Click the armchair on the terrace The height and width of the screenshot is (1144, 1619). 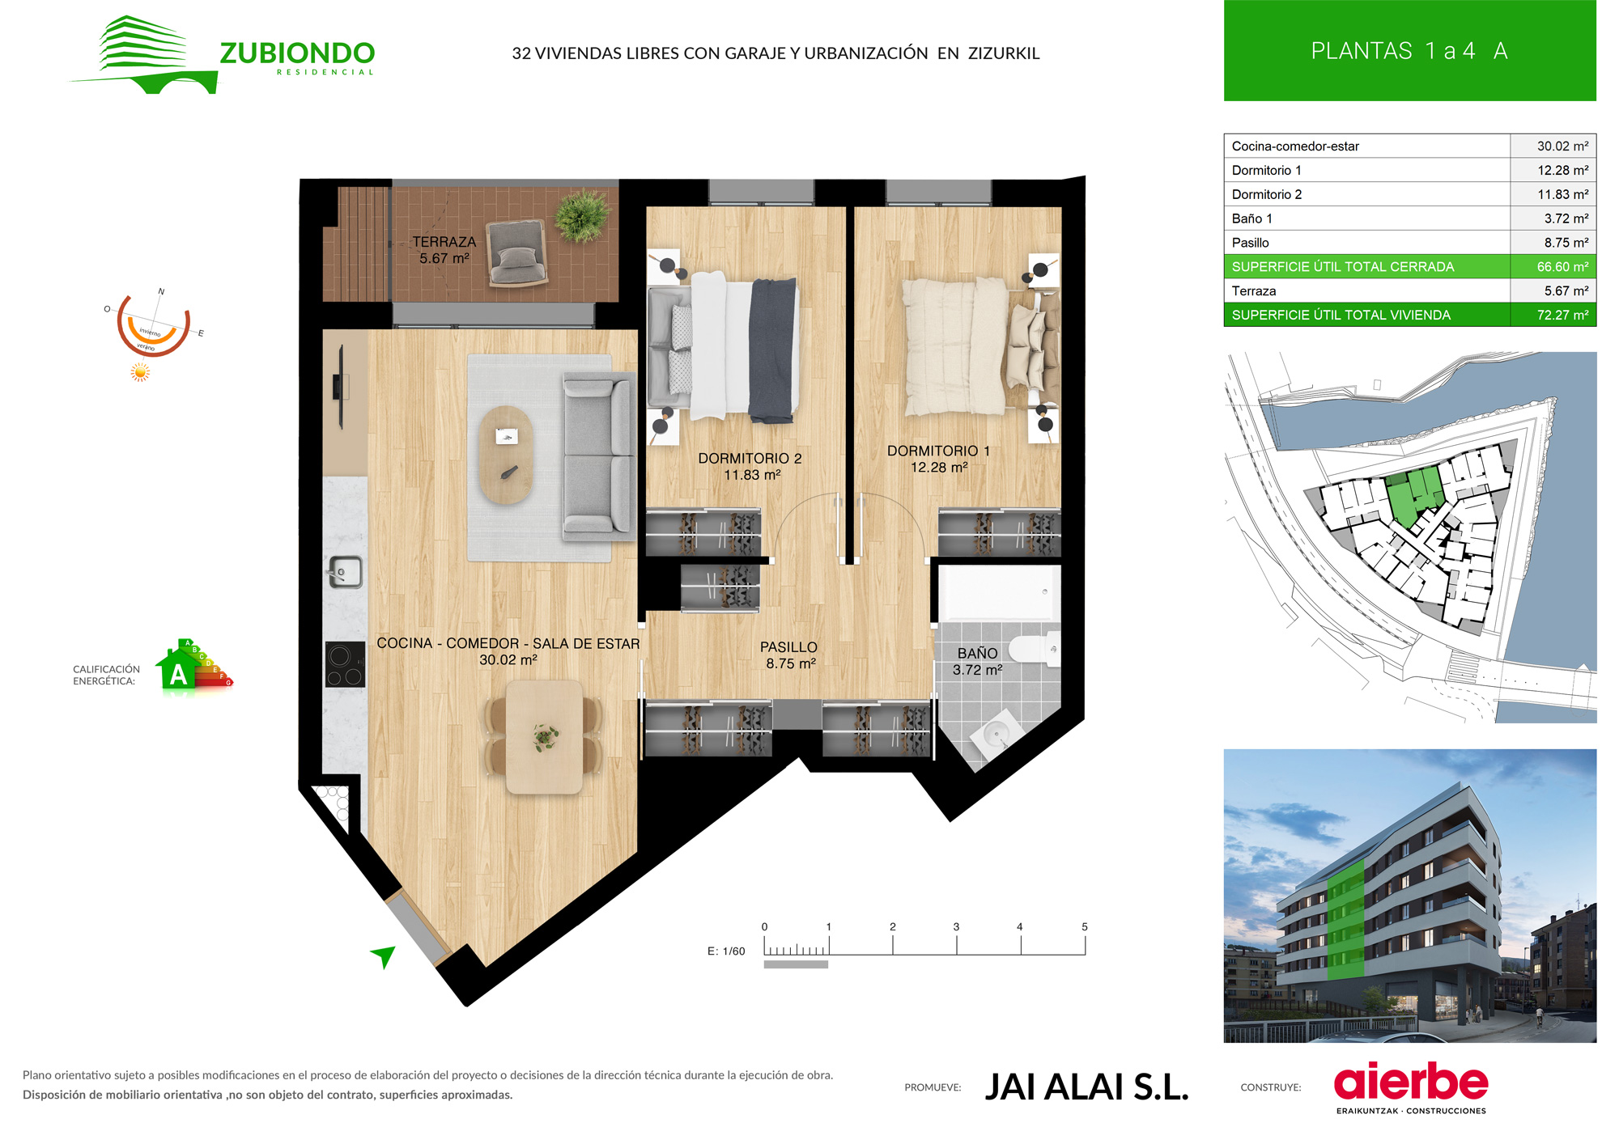[516, 252]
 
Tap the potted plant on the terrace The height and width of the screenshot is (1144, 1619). [582, 215]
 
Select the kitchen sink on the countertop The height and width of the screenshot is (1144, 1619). [345, 572]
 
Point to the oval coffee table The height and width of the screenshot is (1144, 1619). [506, 455]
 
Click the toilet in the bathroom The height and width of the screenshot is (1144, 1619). [1034, 649]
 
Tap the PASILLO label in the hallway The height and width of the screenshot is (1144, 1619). [788, 647]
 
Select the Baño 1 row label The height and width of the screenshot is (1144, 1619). [1251, 218]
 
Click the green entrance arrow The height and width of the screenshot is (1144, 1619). [384, 955]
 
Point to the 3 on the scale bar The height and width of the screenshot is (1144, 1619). [956, 926]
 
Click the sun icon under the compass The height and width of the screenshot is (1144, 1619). [141, 372]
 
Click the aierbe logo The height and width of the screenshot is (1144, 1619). [1411, 1087]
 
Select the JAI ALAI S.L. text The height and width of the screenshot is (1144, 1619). [1086, 1087]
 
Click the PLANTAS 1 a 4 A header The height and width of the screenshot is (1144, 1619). [1409, 51]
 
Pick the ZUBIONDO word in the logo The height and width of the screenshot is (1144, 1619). [297, 53]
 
